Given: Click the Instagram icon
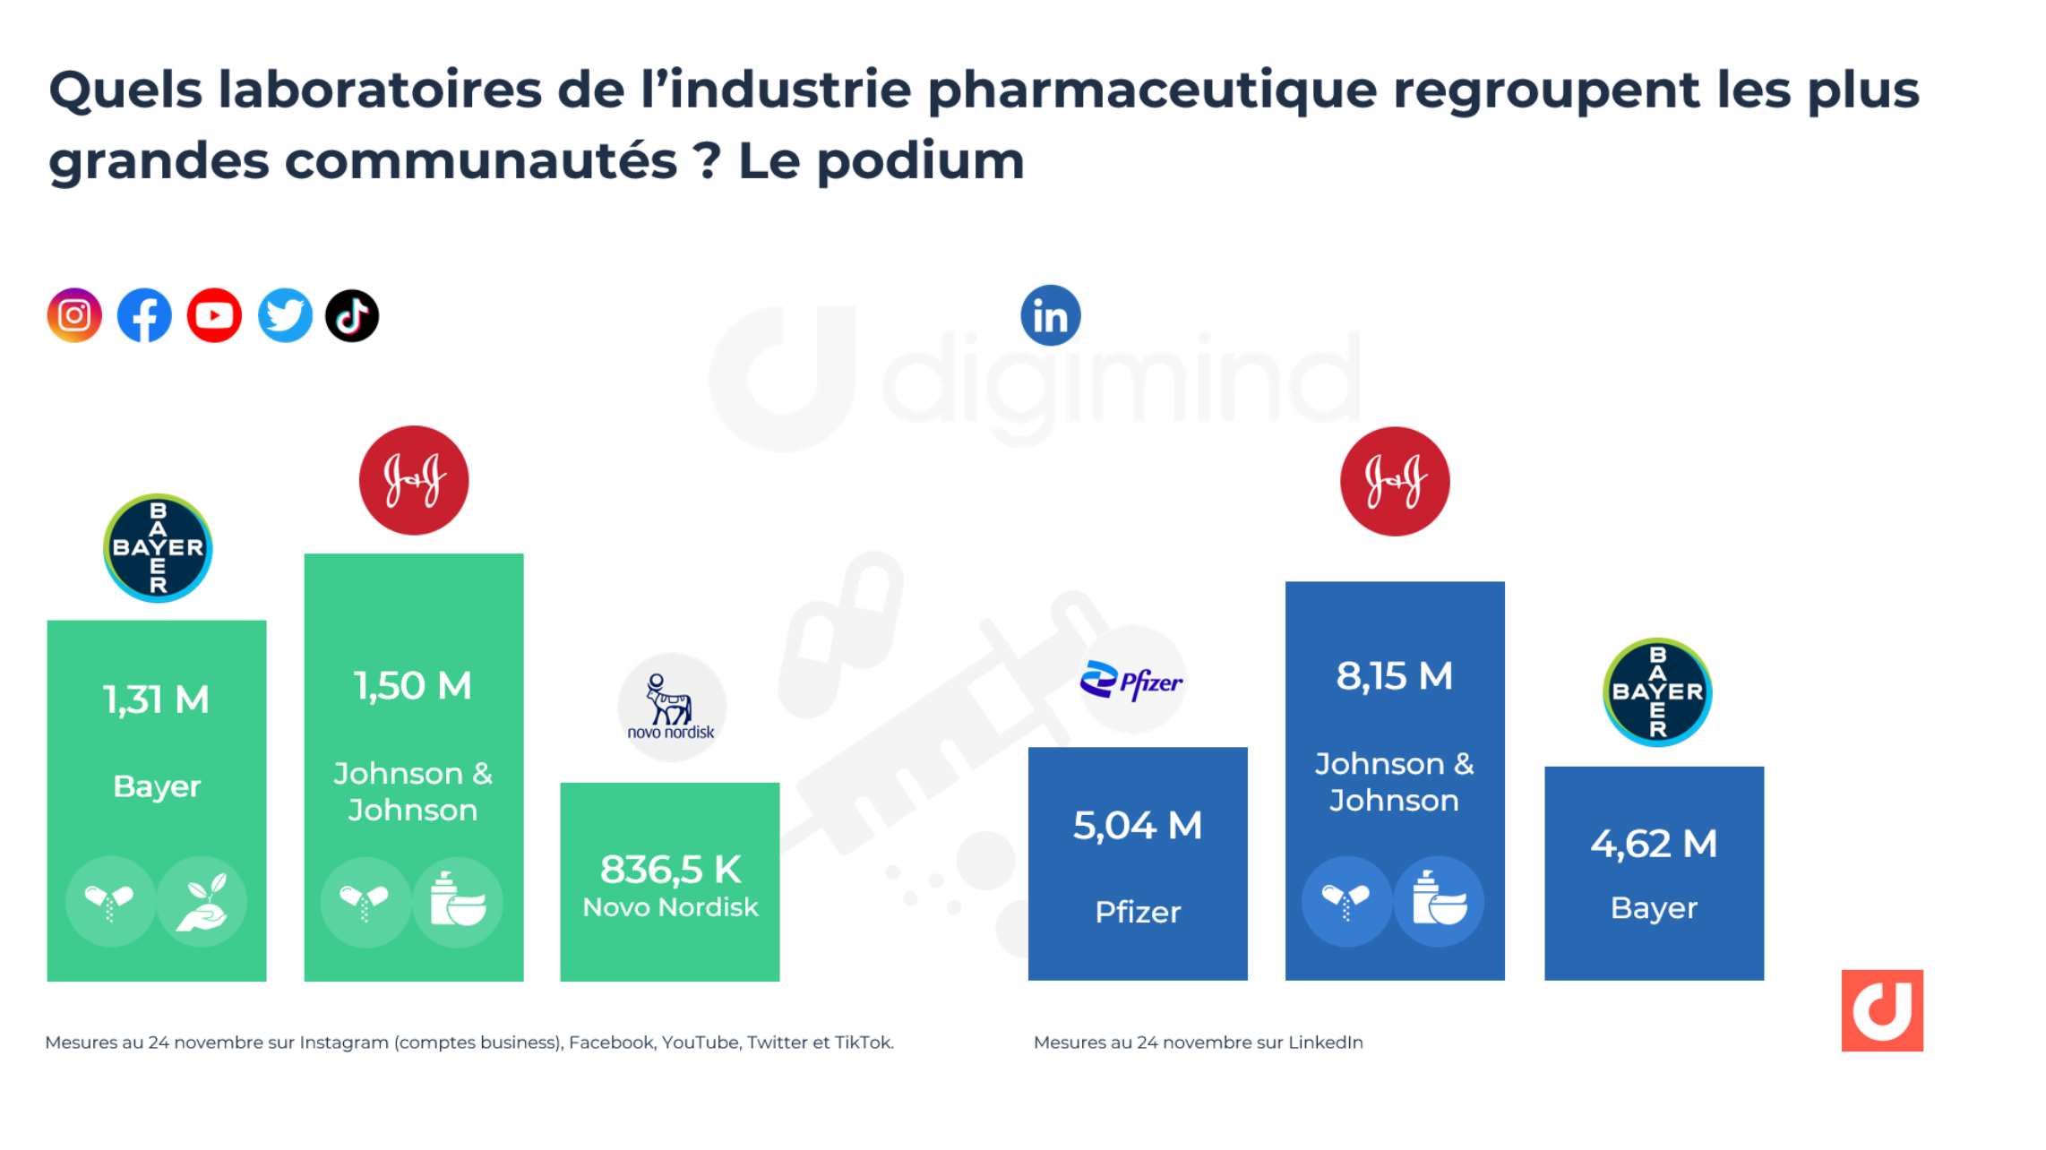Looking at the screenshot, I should (74, 315).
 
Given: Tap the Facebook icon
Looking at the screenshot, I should (144, 315).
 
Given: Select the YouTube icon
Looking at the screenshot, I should (214, 315).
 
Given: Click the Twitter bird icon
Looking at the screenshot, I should (285, 315).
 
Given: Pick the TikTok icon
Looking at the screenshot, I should (352, 315).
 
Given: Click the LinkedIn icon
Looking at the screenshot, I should (1051, 315).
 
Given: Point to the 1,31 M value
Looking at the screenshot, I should (156, 699).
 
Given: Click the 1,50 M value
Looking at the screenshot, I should (413, 686).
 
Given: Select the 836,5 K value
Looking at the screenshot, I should (670, 869).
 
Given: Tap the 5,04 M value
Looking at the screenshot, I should (1138, 825).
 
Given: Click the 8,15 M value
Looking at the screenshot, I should (1394, 676).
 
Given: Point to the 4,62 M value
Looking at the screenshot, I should (1654, 844).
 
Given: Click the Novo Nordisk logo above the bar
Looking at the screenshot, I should (671, 708).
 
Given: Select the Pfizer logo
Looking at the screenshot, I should (1131, 682).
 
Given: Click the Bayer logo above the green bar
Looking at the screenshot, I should (158, 548).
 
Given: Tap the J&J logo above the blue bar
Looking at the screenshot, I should (1395, 481).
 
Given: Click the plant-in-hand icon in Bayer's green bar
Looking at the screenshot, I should (202, 902).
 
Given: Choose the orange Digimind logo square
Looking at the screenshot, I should (1882, 1010).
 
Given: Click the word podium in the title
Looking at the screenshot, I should (920, 161).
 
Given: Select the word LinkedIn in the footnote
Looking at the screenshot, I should (1325, 1043).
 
